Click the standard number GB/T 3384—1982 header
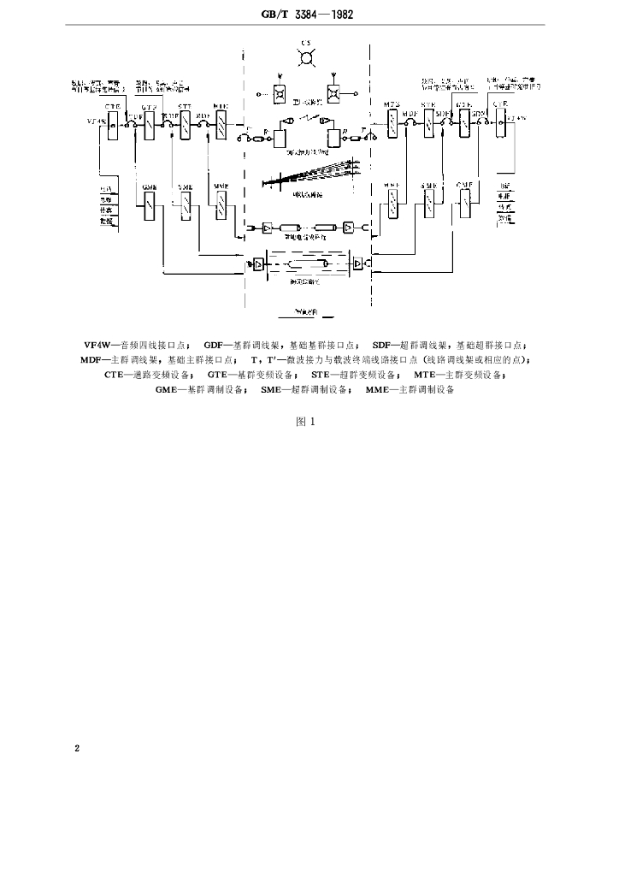pyautogui.click(x=309, y=15)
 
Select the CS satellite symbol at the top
pyautogui.click(x=305, y=58)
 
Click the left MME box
pyautogui.click(x=221, y=204)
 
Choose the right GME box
pyautogui.click(x=466, y=204)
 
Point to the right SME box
pyautogui.click(x=428, y=204)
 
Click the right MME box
pyautogui.click(x=392, y=204)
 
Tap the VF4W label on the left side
pyautogui.click(x=97, y=121)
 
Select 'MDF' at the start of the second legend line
pyautogui.click(x=95, y=360)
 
